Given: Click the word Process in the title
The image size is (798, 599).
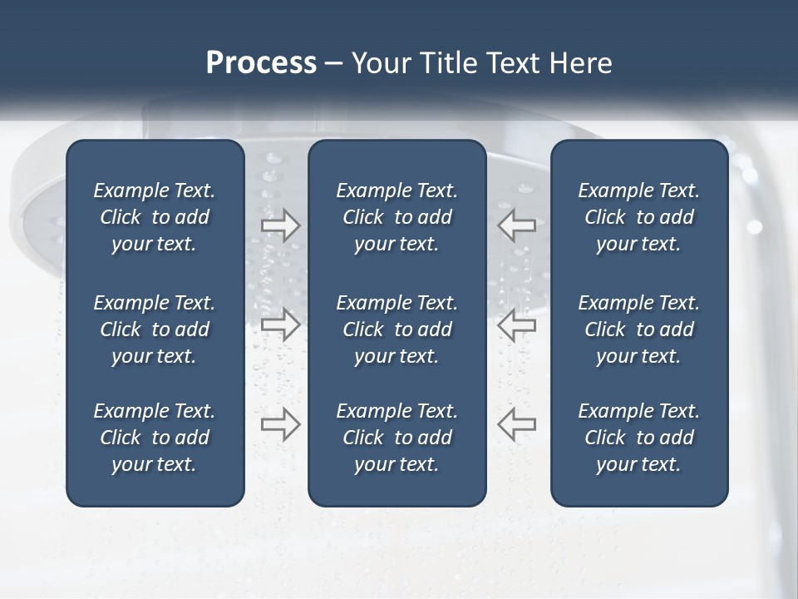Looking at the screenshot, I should [261, 63].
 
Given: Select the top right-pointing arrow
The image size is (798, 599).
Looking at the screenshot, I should [281, 225].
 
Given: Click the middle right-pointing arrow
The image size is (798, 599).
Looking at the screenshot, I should [281, 325].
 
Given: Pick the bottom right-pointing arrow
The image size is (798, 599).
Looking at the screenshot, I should [281, 424].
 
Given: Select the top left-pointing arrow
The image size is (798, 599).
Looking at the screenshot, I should [516, 225].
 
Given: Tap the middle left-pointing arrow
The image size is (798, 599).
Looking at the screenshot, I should [516, 325].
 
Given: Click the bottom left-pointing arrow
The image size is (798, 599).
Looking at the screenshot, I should [516, 424].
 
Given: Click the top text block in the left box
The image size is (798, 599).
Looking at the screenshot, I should [155, 217].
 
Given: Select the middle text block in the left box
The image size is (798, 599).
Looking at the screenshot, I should [155, 329].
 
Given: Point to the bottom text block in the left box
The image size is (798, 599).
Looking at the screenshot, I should [155, 438].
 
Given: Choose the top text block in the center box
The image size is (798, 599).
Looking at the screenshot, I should [397, 217].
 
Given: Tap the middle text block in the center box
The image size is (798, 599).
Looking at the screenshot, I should [397, 329].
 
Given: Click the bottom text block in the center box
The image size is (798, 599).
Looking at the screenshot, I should [397, 438].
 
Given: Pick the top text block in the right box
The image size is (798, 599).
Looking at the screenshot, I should [638, 217].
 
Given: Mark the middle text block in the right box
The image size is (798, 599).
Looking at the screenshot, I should [638, 329].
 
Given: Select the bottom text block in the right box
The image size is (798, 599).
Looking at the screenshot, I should [638, 438].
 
